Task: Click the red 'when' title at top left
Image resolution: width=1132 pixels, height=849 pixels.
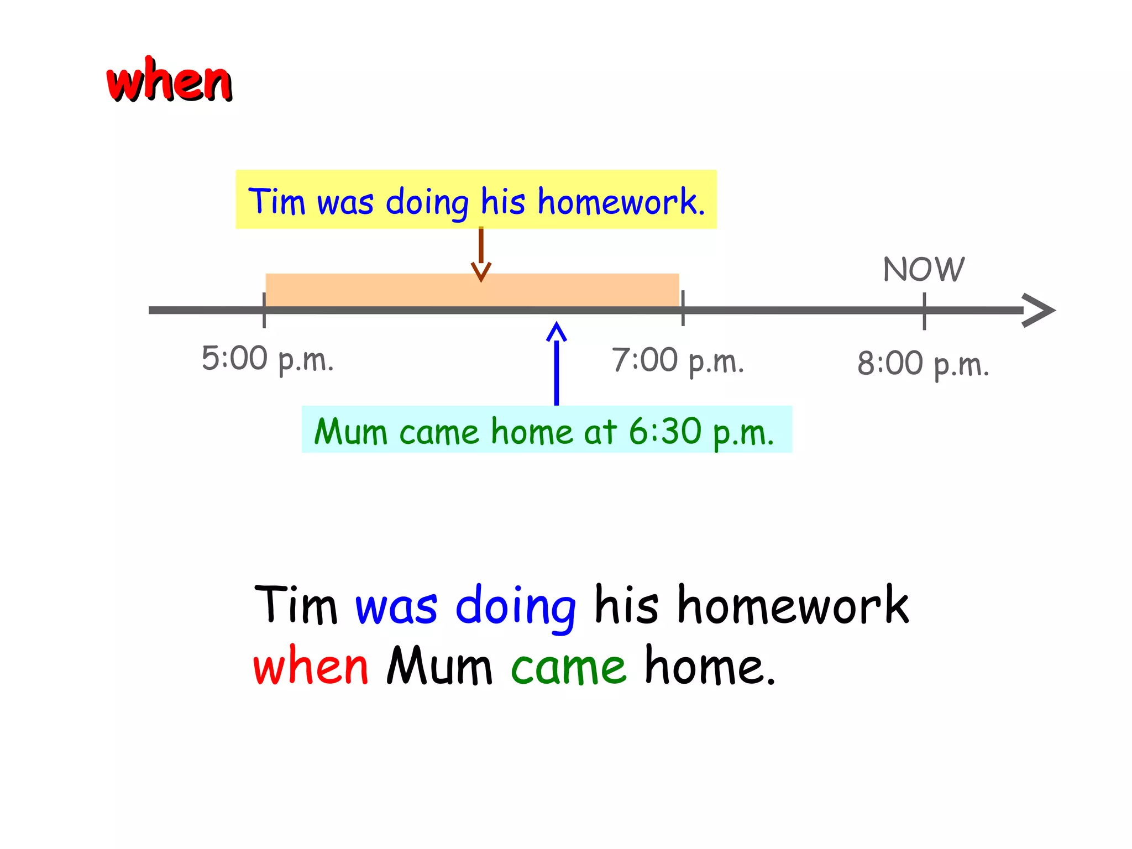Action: coord(169,82)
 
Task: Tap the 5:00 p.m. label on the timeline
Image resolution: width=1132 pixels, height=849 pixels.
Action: coord(268,359)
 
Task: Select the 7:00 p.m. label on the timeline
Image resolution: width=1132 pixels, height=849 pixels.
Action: coord(678,361)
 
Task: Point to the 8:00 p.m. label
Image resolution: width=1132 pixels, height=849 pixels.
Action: coord(923,364)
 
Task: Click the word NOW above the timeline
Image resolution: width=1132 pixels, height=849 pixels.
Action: coord(924,269)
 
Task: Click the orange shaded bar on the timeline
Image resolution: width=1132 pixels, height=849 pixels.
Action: coord(387,290)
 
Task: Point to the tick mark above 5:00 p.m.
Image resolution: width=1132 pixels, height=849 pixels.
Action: coord(264,310)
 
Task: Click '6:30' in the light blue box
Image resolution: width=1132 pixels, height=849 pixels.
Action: coord(665,431)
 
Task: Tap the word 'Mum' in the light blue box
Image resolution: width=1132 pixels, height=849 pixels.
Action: coord(350,431)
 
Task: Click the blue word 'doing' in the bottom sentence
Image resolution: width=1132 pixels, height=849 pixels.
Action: coord(516,607)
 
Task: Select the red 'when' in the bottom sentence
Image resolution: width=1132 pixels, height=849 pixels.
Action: coord(311,666)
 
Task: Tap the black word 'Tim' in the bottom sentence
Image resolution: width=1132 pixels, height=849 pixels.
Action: coord(296,605)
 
